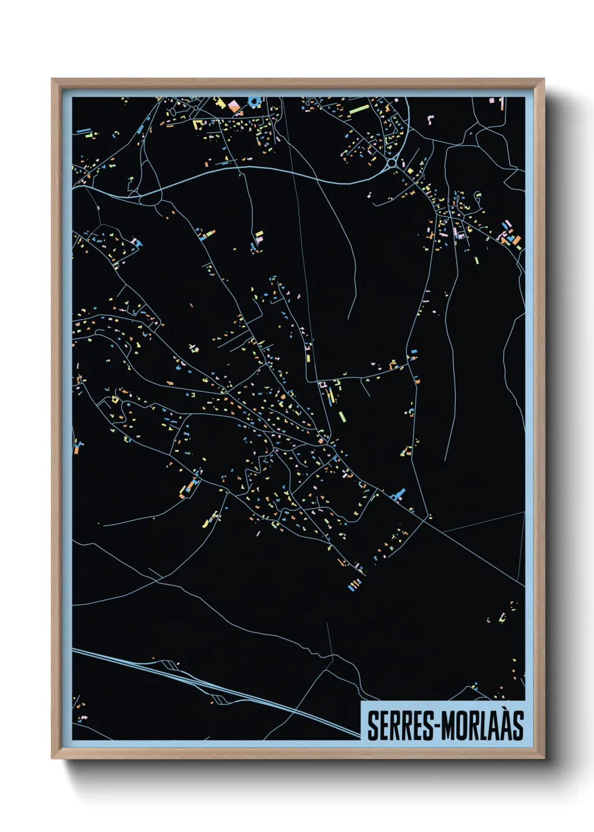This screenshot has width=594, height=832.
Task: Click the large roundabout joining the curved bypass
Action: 391,163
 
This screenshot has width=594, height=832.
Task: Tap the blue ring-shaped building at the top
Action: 254,102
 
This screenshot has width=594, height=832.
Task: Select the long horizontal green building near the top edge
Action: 358,108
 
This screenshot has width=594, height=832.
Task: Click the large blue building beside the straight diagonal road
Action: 399,495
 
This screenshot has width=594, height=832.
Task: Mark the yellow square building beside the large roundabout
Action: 410,170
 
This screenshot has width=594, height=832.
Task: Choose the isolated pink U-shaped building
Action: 431,119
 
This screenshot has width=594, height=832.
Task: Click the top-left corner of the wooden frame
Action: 52,79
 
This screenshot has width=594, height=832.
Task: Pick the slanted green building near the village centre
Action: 342,417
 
